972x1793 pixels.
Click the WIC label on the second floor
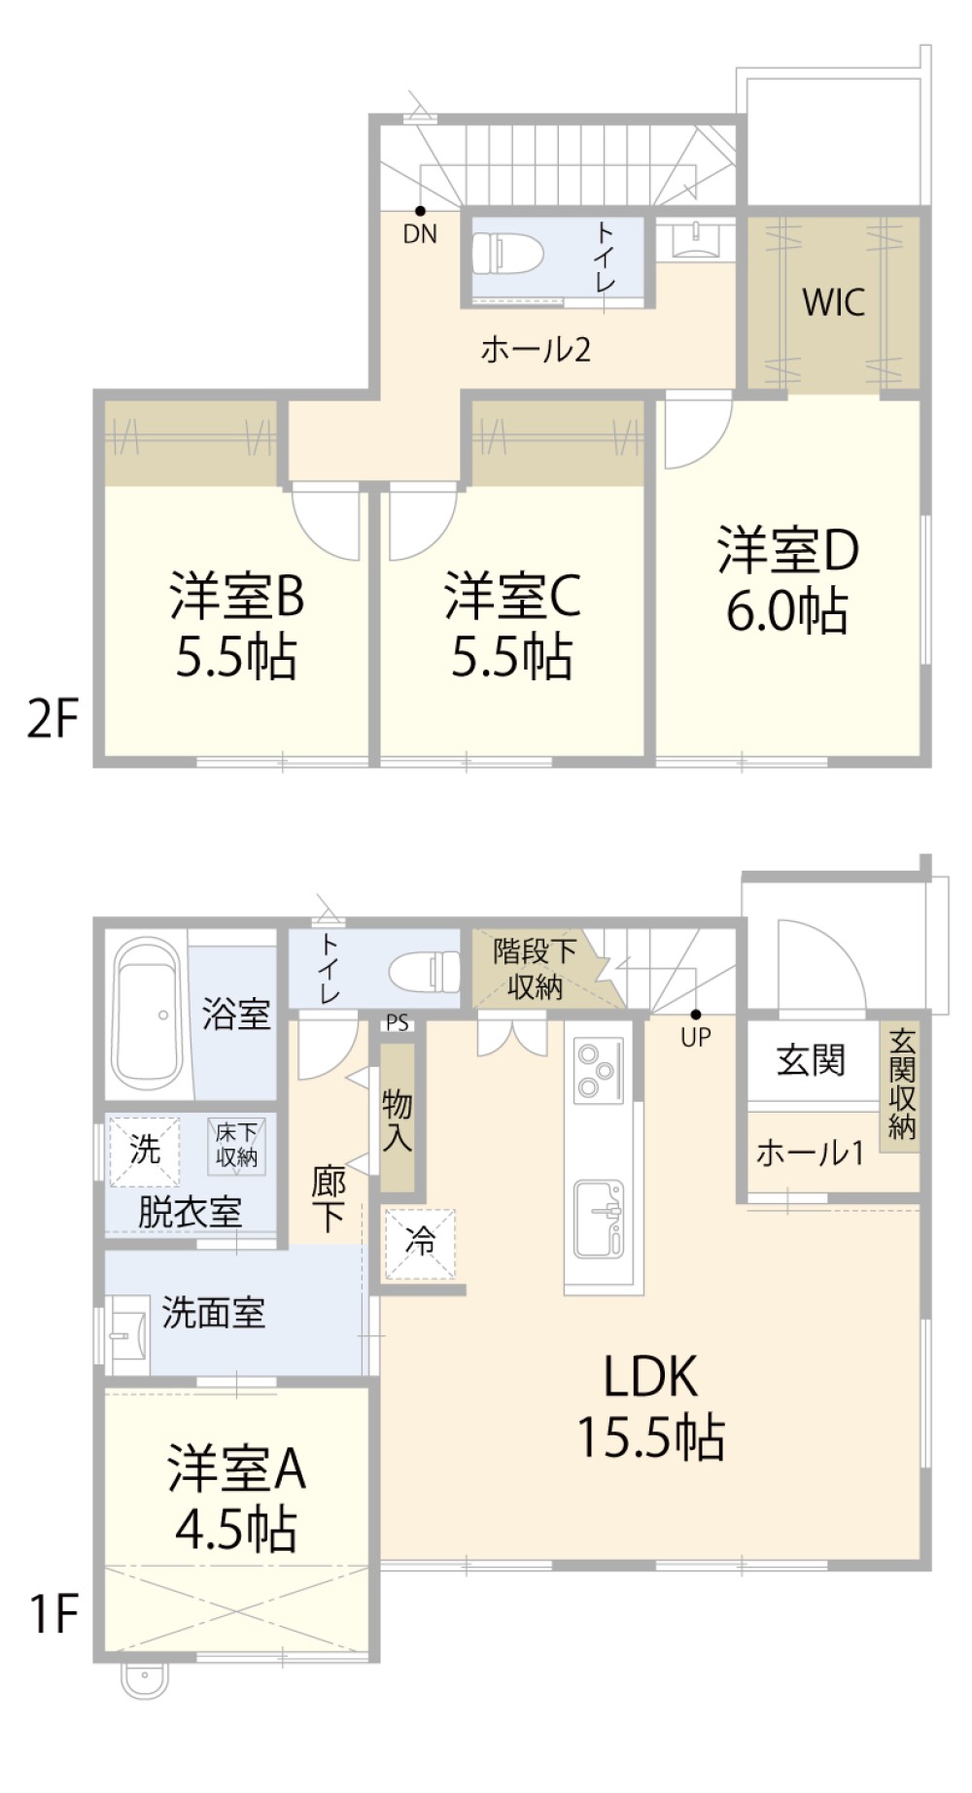point(833,302)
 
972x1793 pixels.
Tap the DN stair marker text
point(420,234)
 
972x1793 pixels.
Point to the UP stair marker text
point(696,1038)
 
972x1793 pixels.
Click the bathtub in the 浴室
point(149,1014)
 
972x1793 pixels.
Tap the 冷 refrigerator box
point(420,1242)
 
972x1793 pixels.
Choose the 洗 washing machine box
point(144,1151)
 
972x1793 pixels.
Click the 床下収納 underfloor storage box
point(236,1145)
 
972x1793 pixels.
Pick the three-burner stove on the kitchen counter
point(595,1069)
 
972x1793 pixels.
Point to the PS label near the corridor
point(397,1023)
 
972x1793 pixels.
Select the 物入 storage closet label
point(397,1119)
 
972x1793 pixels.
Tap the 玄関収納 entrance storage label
point(901,1085)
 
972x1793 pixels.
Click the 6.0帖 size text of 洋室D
point(787,612)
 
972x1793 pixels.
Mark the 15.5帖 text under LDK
point(650,1437)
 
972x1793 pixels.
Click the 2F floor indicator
point(52,720)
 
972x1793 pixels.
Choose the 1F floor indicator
point(52,1614)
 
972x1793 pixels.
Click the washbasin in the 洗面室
point(127,1334)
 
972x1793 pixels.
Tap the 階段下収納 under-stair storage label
point(534,969)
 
